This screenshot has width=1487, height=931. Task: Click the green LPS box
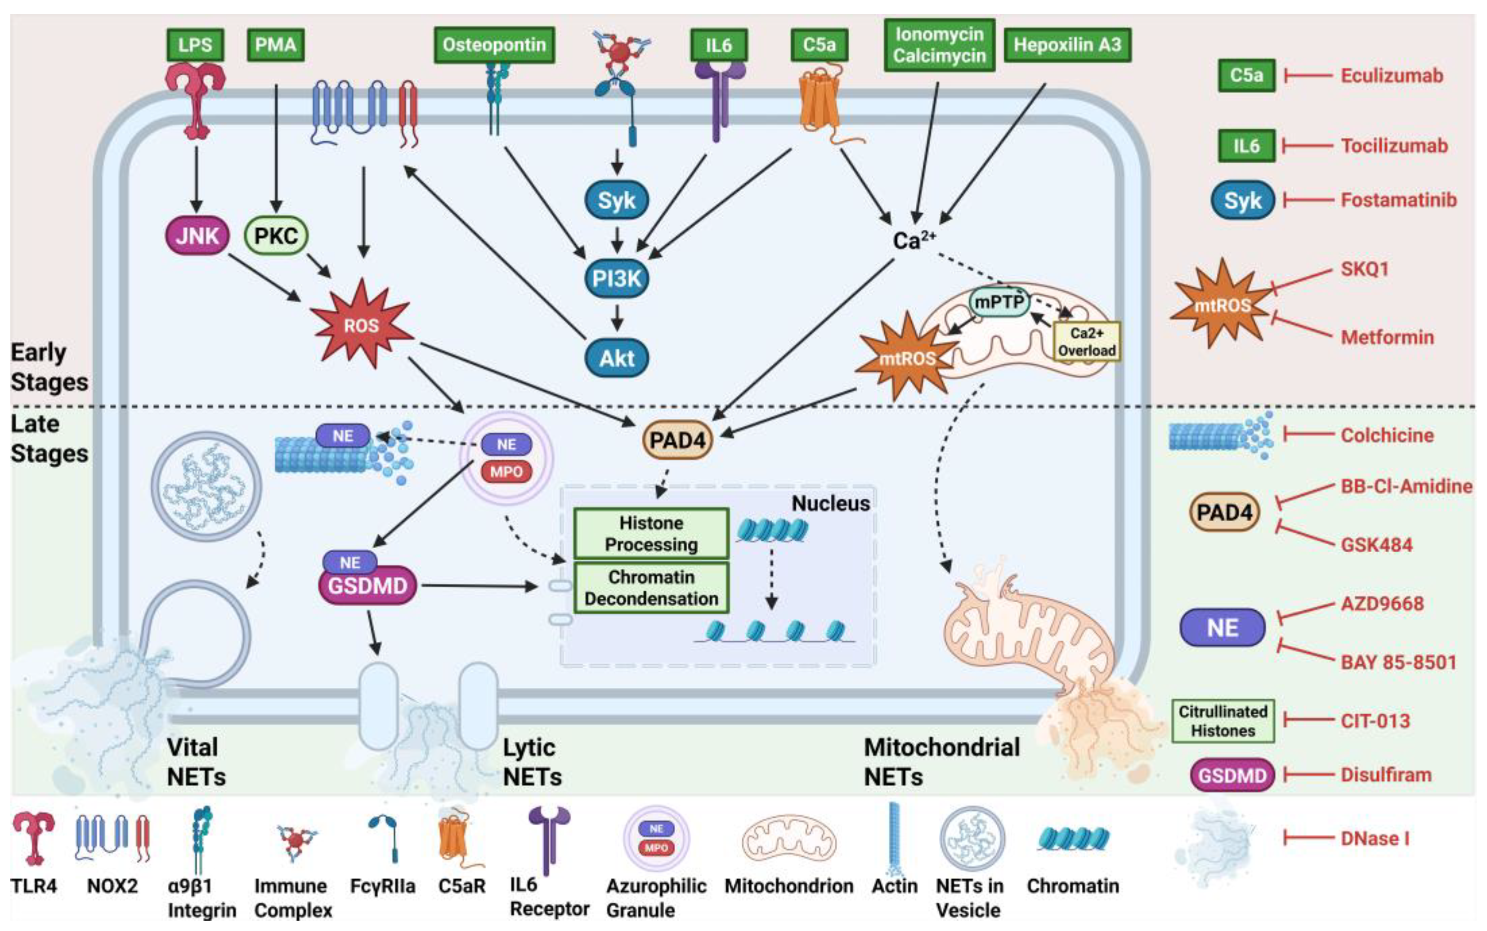[195, 45]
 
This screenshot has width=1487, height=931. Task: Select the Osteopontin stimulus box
[494, 45]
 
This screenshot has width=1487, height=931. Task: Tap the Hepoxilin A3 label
[1067, 45]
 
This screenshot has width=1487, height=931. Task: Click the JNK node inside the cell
[197, 235]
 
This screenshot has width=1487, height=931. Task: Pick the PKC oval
[276, 235]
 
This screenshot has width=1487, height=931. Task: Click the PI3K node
[616, 278]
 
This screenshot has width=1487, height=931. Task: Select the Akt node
[616, 358]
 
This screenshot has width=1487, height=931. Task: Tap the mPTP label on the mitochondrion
[999, 302]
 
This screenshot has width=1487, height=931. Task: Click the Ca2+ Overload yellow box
[1087, 342]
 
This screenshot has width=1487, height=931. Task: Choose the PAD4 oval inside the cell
[676, 440]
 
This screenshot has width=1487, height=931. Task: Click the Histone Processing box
[651, 533]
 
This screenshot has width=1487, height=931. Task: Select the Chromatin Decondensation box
[651, 587]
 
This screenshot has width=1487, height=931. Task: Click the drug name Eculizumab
[1392, 75]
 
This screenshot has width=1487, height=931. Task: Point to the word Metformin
[1387, 337]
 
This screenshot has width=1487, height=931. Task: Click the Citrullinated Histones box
[1222, 721]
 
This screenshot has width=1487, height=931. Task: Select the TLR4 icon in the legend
[34, 837]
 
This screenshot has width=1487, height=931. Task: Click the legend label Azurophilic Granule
[655, 897]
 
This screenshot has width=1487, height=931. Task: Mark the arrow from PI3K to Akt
[616, 318]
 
